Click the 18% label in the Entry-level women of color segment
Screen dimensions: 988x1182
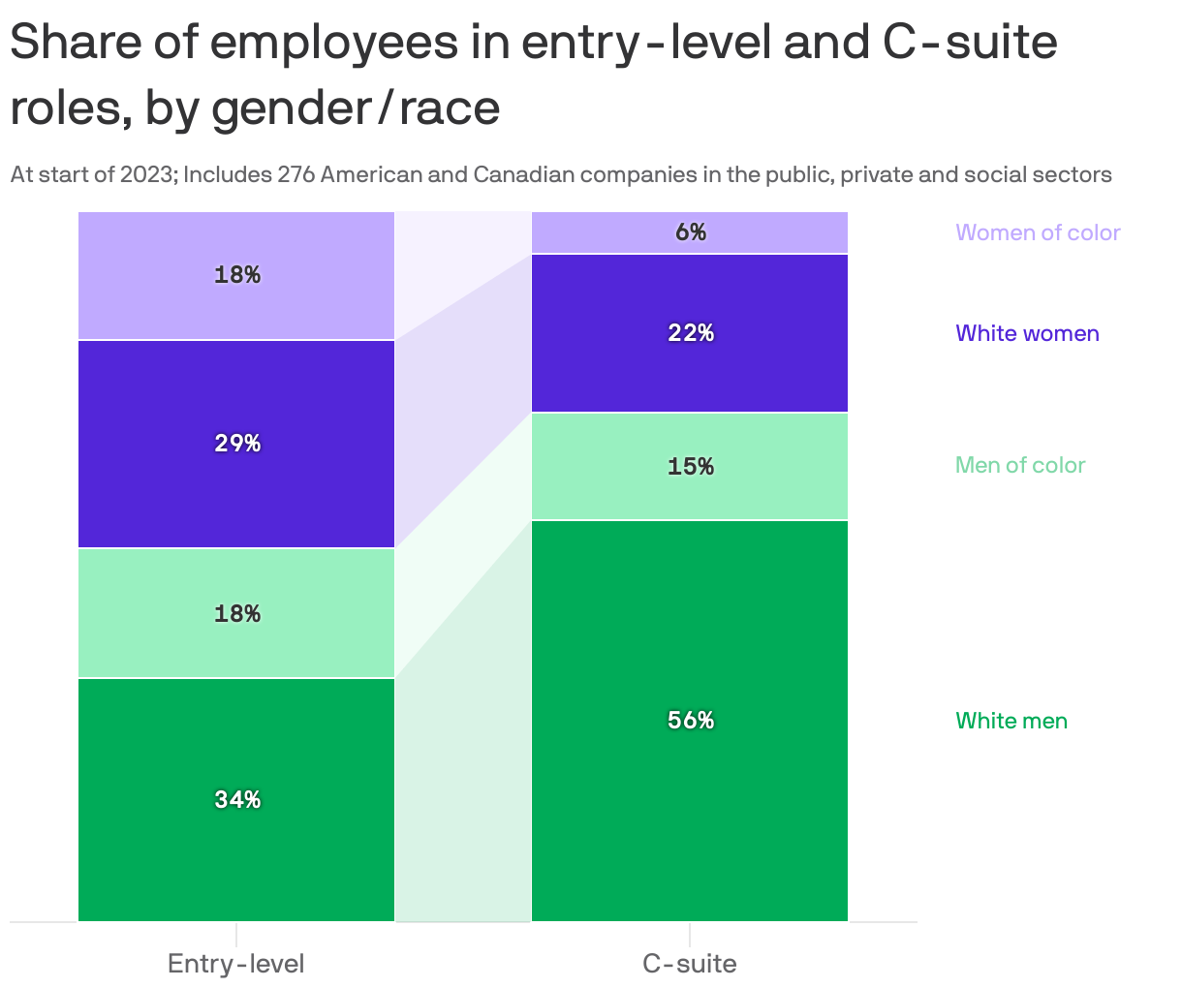(237, 275)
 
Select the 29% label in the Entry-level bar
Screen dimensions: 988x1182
(237, 444)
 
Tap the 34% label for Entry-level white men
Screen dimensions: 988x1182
(237, 800)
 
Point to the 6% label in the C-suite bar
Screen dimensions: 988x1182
(691, 232)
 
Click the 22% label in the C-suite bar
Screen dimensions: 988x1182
(691, 333)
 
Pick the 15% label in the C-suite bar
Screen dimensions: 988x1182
(691, 467)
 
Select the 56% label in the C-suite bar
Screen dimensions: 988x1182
(691, 721)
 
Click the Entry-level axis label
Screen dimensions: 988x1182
(236, 964)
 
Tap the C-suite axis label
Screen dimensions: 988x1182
(690, 964)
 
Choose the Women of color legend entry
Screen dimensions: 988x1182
(1038, 232)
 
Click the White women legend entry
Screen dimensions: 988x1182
(1027, 333)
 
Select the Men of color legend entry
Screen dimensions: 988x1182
(1020, 465)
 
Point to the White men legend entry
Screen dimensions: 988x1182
(1011, 721)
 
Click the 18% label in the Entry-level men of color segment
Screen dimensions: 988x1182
(237, 614)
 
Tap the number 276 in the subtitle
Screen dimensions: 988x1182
(296, 175)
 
